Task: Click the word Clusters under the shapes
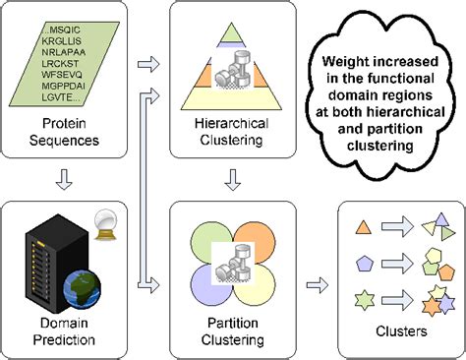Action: coord(397,331)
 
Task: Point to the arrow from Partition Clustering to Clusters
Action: coord(317,286)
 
